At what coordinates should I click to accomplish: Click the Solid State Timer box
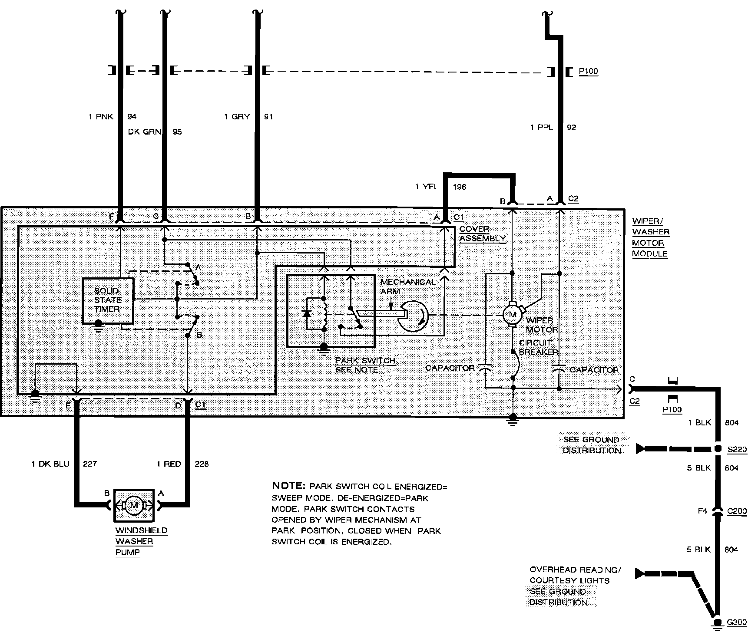[108, 300]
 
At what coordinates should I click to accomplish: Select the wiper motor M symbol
[512, 314]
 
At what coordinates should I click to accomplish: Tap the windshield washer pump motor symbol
[134, 505]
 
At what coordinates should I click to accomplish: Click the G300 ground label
[737, 623]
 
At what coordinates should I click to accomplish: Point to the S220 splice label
[737, 449]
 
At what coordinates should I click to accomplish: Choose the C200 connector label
[737, 511]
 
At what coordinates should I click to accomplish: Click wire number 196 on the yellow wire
[459, 187]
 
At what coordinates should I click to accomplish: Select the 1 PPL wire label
[542, 128]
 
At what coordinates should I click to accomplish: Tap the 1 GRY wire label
[237, 117]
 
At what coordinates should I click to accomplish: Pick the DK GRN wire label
[145, 132]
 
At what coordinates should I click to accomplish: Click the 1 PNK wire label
[101, 117]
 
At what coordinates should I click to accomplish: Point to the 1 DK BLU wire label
[50, 464]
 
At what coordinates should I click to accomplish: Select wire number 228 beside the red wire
[202, 464]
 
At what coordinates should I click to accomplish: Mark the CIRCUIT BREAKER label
[538, 347]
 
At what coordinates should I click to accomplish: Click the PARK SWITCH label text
[365, 361]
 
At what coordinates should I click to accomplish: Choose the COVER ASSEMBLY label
[482, 234]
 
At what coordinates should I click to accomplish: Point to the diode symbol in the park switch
[307, 314]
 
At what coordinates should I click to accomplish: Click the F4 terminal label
[702, 511]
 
